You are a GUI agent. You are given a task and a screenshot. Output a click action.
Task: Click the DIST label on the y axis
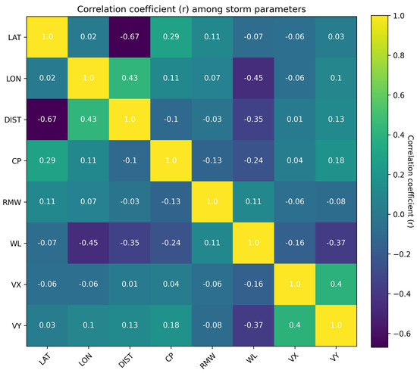click(16, 120)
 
